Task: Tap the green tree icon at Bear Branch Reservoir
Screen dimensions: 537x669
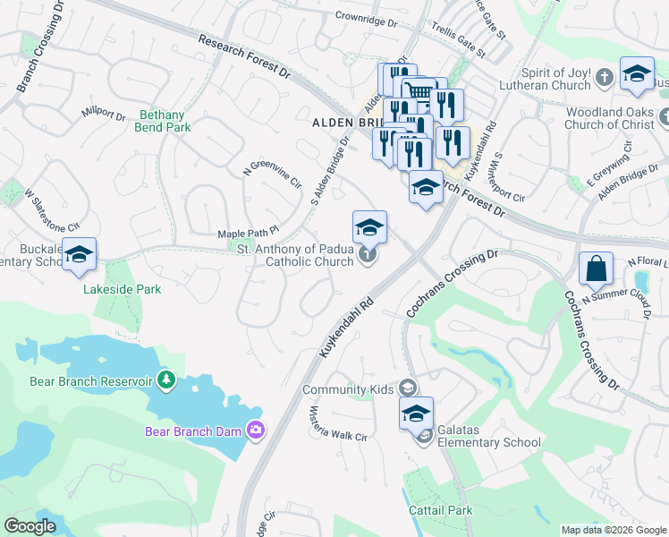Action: click(x=165, y=381)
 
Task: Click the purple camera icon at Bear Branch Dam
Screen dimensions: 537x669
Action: click(x=257, y=430)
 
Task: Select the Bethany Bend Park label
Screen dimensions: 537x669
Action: click(x=165, y=121)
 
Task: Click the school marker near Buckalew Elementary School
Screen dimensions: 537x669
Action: click(x=80, y=256)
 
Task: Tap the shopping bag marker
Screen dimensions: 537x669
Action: click(x=596, y=268)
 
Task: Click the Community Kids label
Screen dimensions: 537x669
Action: click(x=348, y=389)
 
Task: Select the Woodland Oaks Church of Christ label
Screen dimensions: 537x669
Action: click(x=611, y=119)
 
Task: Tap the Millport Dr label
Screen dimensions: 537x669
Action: click(x=104, y=114)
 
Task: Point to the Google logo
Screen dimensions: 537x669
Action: click(x=30, y=525)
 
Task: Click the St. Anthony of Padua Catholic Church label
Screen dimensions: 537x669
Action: click(x=295, y=255)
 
